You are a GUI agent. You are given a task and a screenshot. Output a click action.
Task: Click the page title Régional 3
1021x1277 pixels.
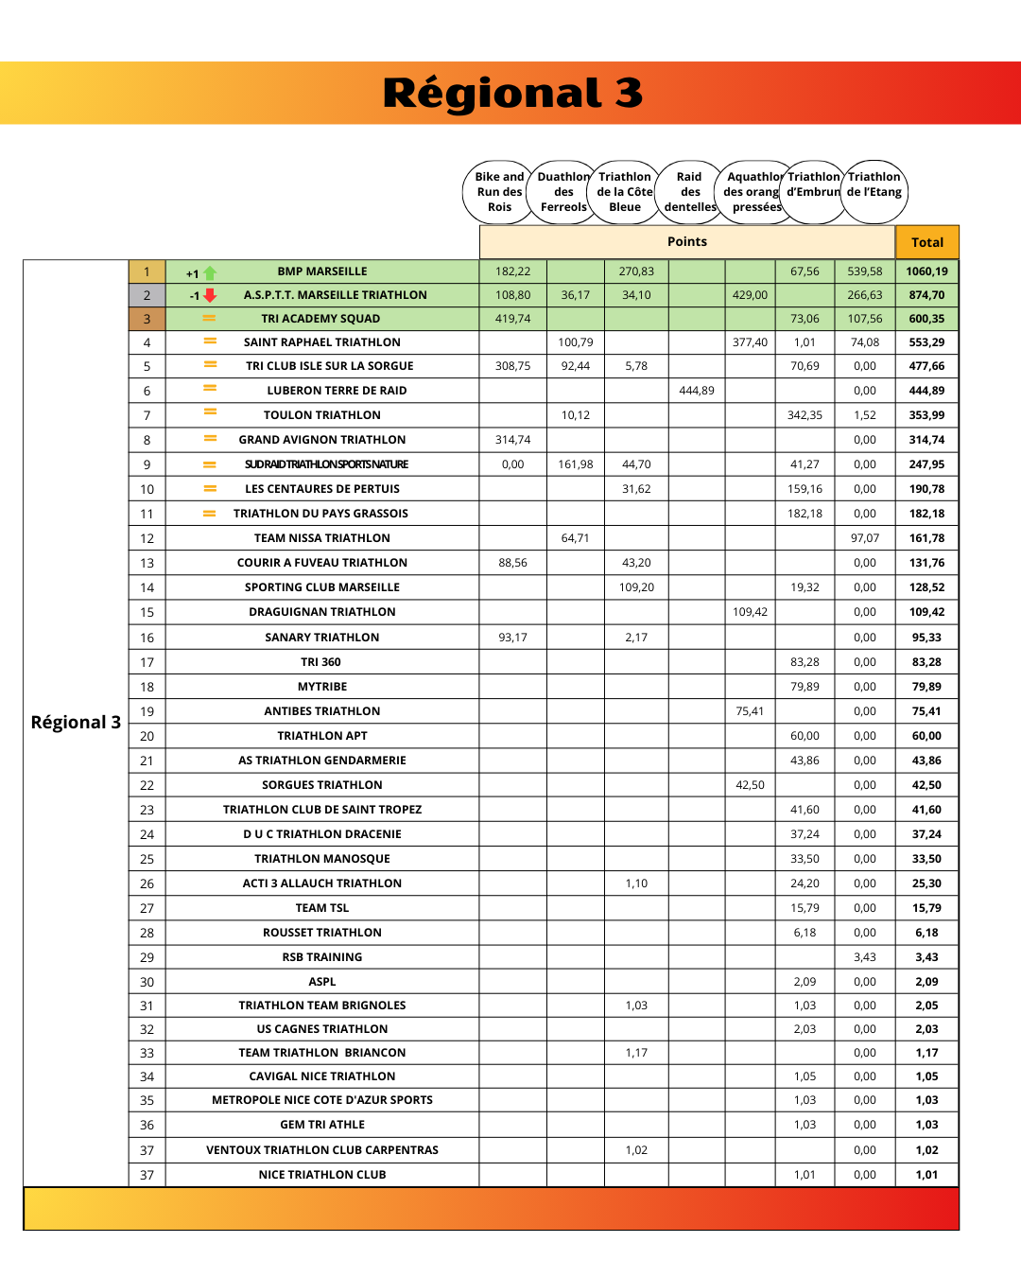pos(512,93)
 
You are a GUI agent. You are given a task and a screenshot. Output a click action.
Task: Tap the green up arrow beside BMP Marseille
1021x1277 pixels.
pos(210,273)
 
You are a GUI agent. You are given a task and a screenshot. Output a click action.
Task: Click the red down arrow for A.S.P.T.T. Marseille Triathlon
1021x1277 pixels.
pos(210,296)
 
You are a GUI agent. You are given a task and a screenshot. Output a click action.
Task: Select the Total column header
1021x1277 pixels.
pos(926,242)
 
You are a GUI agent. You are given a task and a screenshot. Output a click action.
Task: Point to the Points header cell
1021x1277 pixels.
pos(687,242)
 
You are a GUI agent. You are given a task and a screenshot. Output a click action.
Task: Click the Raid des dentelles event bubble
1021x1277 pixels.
pos(690,192)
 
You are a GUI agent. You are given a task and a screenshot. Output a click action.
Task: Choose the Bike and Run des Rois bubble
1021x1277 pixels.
pos(499,192)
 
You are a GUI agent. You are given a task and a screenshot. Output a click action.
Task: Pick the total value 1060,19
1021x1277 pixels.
pos(926,271)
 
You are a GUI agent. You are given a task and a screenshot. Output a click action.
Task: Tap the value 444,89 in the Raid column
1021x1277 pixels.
pos(697,391)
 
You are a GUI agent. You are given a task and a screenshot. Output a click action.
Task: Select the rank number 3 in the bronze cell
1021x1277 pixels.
pos(147,319)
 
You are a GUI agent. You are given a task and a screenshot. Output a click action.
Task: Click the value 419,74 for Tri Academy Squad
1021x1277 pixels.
pos(512,319)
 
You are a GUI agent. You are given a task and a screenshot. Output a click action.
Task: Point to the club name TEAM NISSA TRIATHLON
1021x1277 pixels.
pos(321,538)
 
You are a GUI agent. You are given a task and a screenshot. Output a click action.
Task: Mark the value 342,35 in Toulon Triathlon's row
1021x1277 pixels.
pos(805,415)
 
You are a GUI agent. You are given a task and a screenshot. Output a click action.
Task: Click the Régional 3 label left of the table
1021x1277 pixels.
pos(76,723)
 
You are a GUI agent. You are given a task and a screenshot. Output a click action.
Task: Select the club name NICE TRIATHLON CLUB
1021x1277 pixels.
pos(322,1175)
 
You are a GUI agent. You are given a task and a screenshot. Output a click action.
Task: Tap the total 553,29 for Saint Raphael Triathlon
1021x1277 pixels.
pos(926,342)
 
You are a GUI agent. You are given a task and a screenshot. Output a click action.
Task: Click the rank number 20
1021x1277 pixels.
pos(147,736)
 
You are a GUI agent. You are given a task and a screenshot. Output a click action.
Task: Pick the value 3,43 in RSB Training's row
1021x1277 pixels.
pos(864,957)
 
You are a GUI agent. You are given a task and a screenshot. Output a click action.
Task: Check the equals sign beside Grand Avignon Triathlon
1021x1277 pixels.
pos(210,438)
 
